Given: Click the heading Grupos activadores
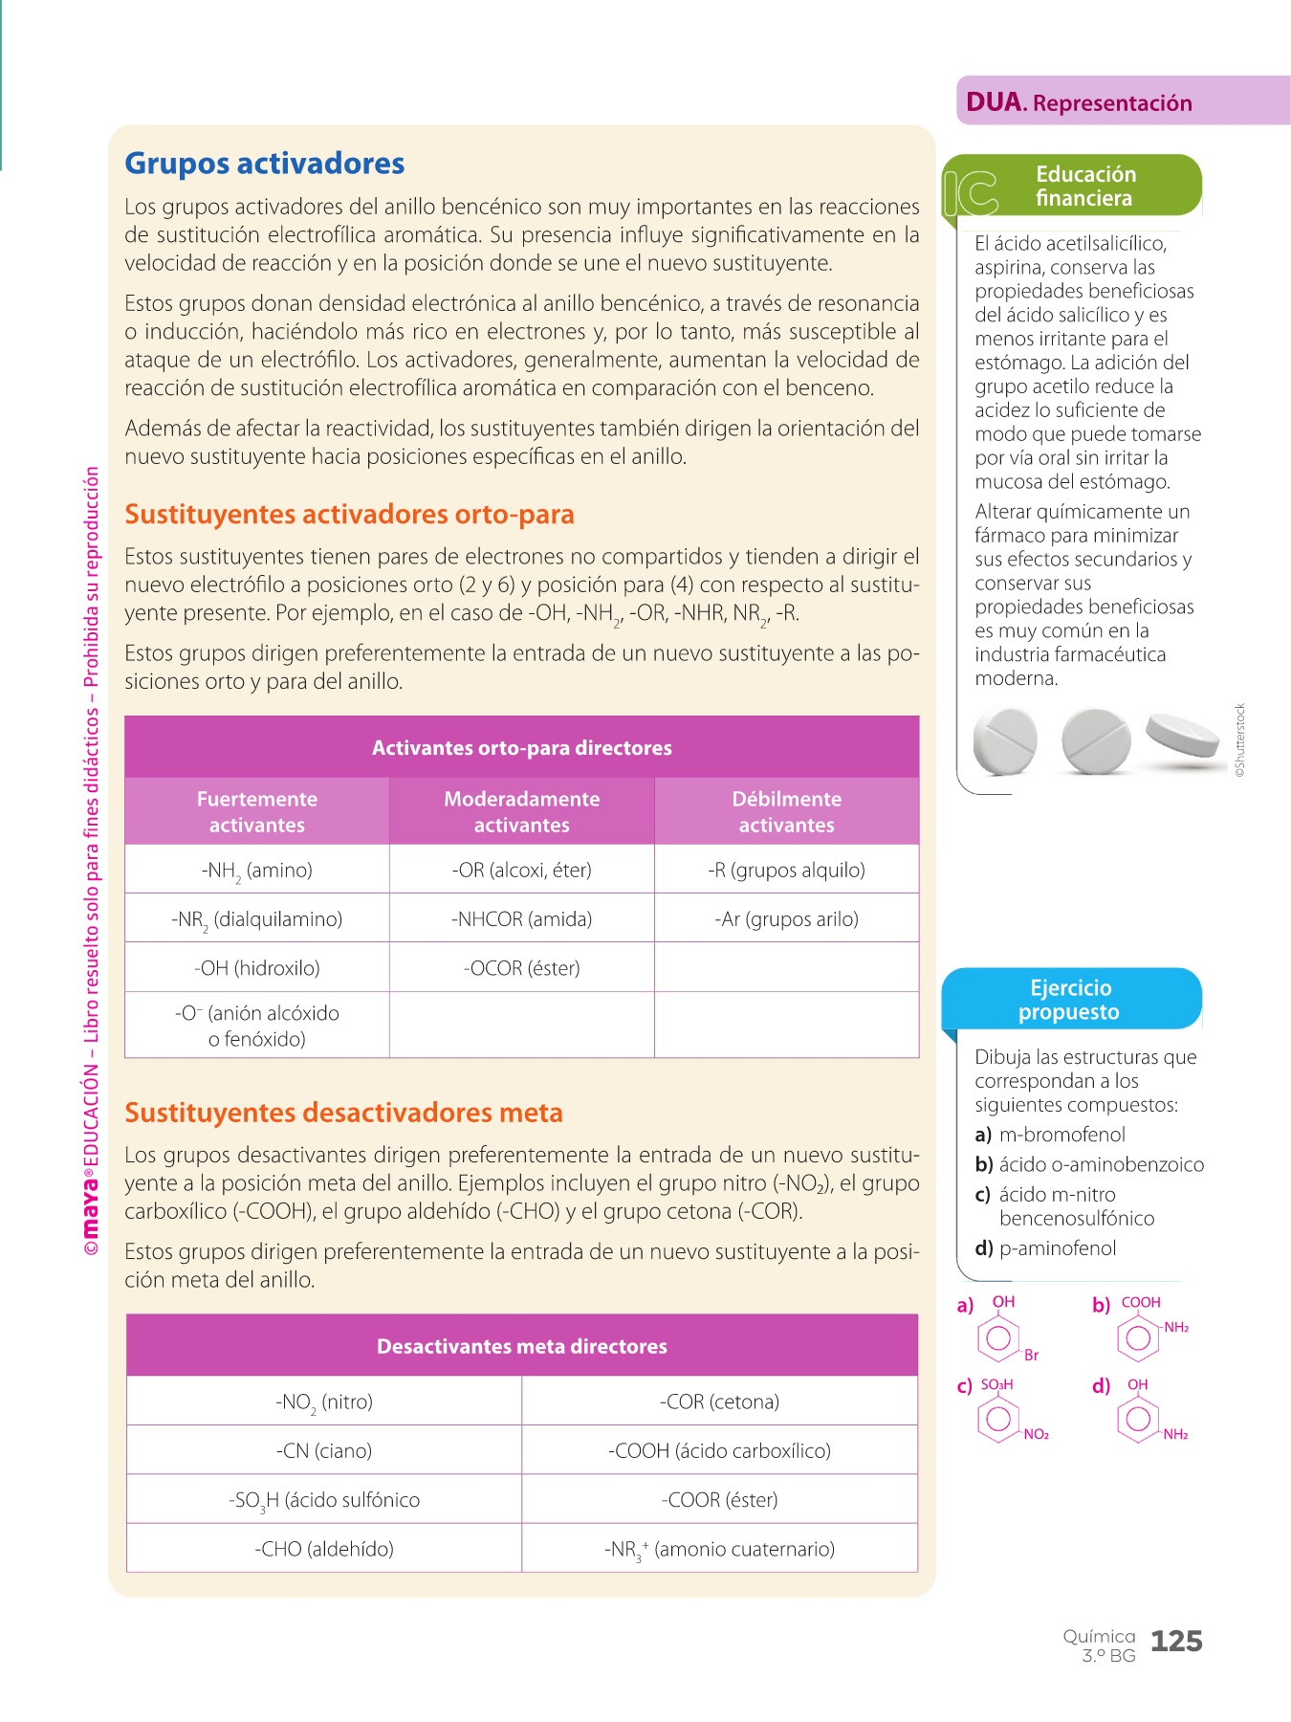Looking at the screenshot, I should click(265, 164).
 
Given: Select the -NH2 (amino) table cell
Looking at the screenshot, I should click(256, 871).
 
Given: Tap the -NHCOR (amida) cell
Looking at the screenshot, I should click(521, 919).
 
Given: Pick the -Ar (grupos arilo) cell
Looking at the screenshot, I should click(786, 919).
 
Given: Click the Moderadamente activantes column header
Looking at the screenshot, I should click(521, 811).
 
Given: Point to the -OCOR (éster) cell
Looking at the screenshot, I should click(521, 968).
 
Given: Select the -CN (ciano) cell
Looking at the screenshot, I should click(324, 1451).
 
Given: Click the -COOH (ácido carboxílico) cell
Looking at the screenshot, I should click(719, 1451).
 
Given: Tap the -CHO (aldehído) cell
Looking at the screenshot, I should click(324, 1549).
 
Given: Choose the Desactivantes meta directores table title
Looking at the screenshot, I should click(521, 1346).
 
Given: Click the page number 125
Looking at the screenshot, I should click(1176, 1642).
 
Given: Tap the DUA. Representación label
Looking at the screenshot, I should click(1079, 102).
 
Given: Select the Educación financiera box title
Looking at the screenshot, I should click(1085, 186).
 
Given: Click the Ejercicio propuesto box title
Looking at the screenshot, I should click(1070, 1000).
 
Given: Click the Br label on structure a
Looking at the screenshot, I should click(1031, 1356).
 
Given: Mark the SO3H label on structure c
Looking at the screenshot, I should click(996, 1384).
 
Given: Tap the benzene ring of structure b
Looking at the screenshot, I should click(1138, 1337).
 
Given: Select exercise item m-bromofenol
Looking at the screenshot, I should click(1061, 1135).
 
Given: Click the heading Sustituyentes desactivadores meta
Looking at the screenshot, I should click(343, 1113).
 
